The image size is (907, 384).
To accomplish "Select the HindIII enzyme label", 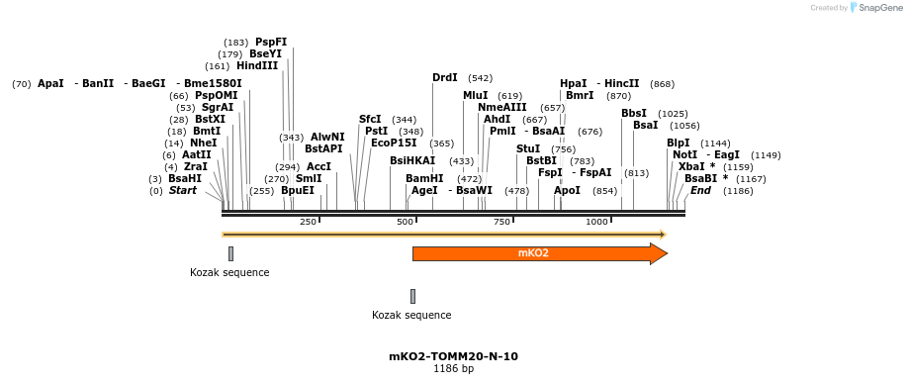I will [x=257, y=65].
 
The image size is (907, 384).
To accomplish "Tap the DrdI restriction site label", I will [x=445, y=77].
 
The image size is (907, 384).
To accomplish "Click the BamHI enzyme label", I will [x=424, y=178].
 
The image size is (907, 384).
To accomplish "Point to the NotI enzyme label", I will [x=684, y=154].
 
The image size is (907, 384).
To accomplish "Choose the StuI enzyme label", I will [x=528, y=148].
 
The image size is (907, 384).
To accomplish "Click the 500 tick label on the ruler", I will [x=405, y=222].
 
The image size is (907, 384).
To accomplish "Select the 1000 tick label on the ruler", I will [x=596, y=222].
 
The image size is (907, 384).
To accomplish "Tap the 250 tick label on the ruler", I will [x=308, y=222].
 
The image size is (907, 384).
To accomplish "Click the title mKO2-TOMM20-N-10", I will [x=453, y=356].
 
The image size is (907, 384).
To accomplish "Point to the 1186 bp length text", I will [x=453, y=369].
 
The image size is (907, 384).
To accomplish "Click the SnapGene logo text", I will [x=878, y=8].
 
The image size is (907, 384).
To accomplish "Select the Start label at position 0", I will [x=182, y=190].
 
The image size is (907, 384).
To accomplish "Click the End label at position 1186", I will [x=700, y=190].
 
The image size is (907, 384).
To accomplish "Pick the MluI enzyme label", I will [x=476, y=95].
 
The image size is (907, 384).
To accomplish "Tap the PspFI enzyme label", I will [x=271, y=42].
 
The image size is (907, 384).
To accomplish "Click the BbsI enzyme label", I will [x=634, y=113].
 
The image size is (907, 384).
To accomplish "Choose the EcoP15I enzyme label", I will [x=394, y=143].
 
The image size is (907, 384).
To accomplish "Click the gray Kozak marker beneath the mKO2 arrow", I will [x=412, y=296].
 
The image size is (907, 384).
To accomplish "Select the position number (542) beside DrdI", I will [x=481, y=78].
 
